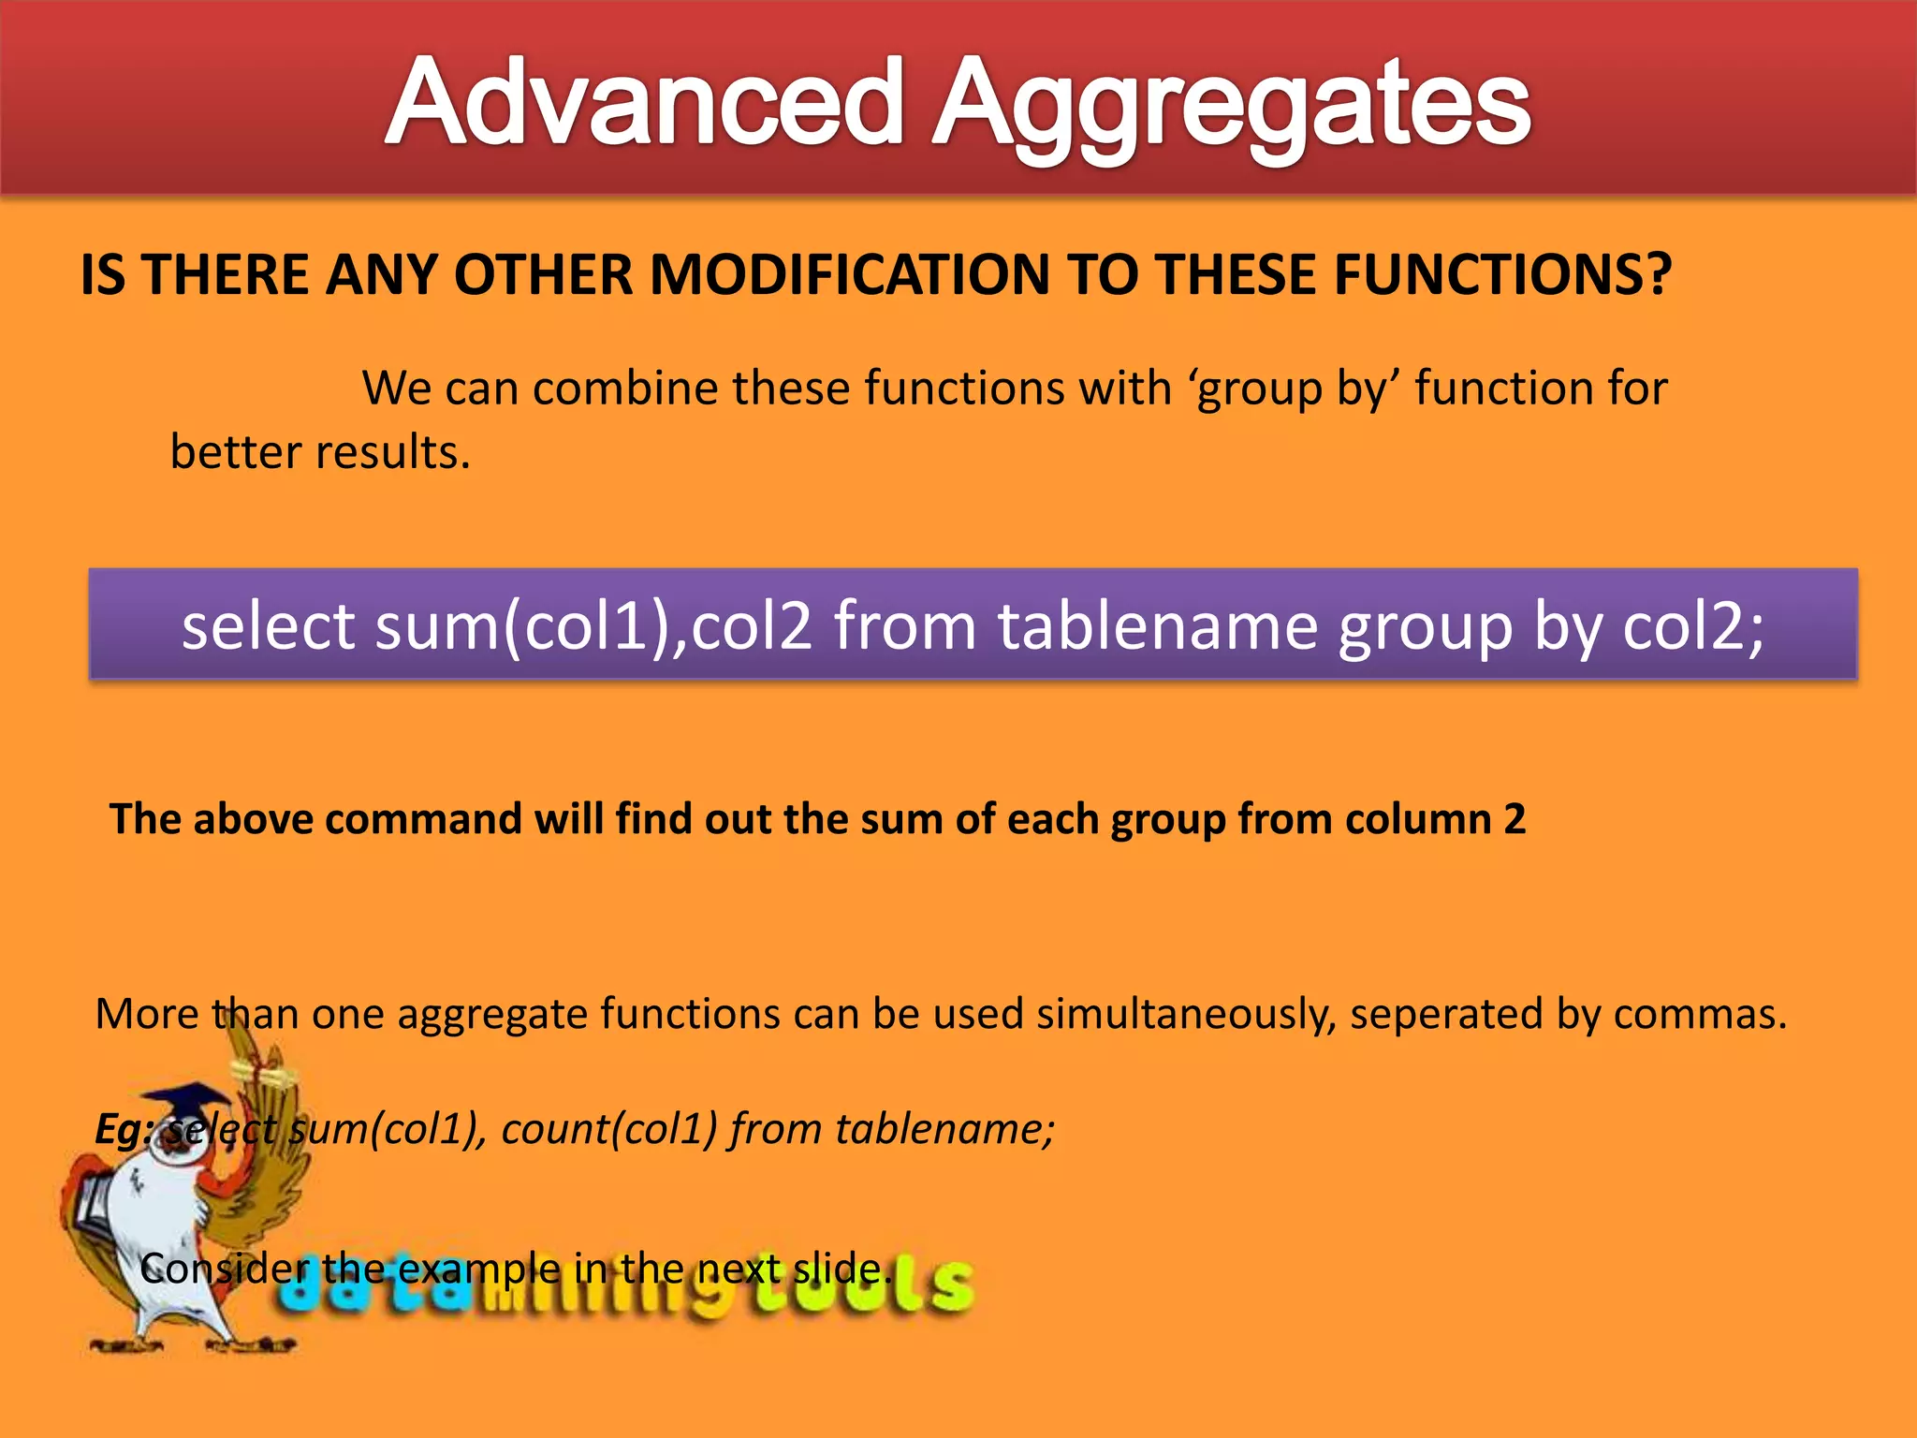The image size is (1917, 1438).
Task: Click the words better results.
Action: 319,452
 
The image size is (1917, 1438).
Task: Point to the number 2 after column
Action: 1515,819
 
